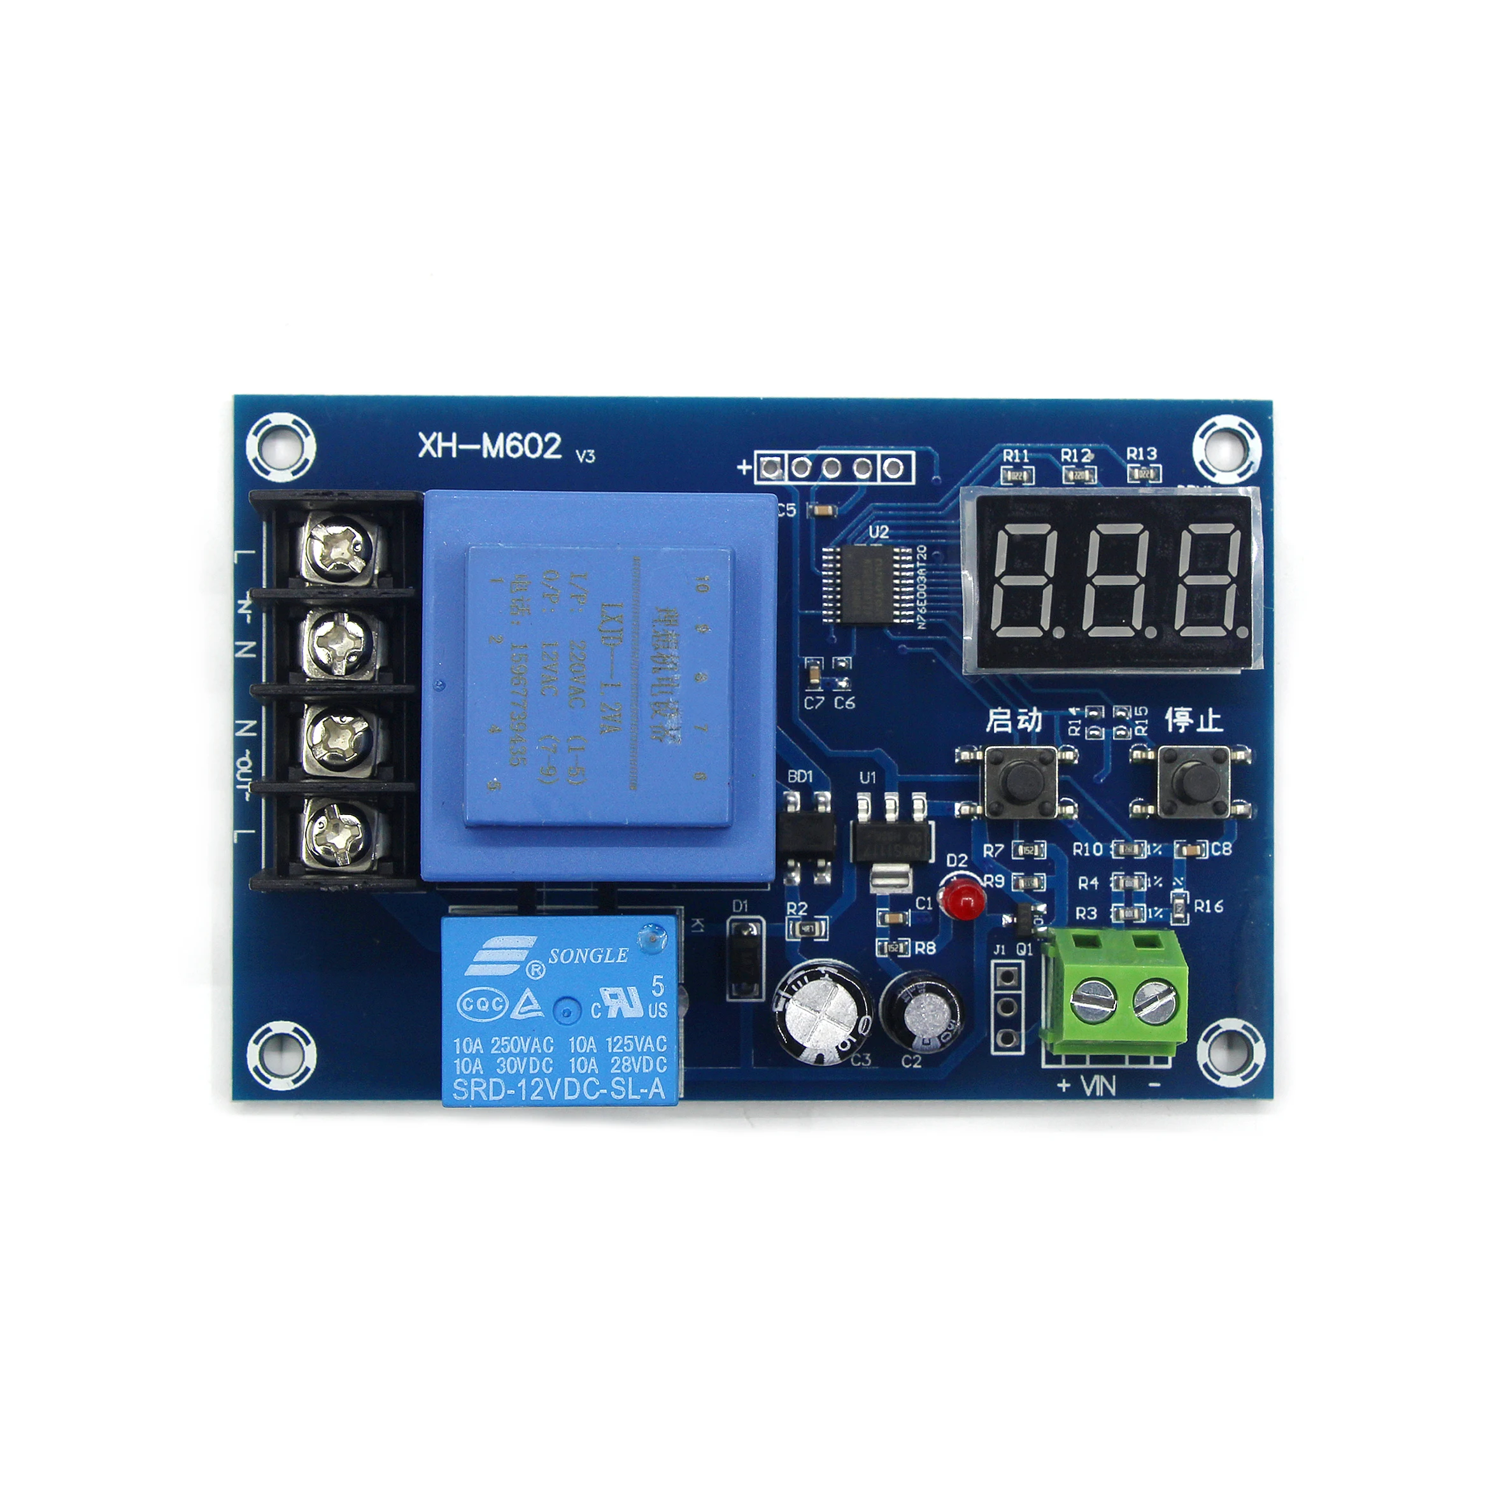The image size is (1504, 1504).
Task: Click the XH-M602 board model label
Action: (x=490, y=446)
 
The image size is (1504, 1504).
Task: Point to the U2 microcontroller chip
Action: (x=869, y=582)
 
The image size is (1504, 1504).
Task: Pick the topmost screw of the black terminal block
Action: (x=339, y=547)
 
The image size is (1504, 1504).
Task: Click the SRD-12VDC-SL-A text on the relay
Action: (x=559, y=1090)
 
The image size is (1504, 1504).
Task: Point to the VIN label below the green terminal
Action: (x=1098, y=1085)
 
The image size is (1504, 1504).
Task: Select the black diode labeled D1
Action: (x=745, y=958)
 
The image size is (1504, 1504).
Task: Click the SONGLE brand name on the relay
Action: (x=588, y=956)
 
